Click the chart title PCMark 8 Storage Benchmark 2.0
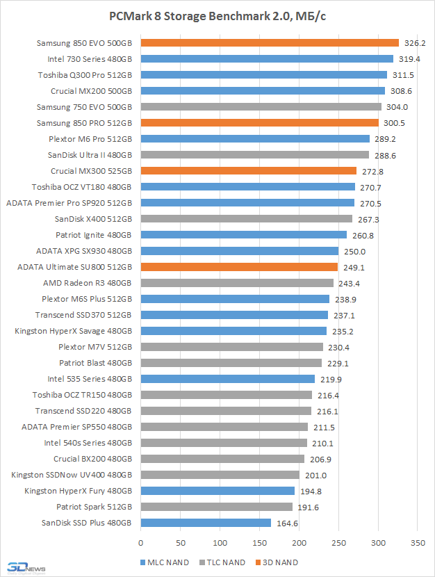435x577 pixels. point(217,15)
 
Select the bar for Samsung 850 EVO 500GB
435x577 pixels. point(270,43)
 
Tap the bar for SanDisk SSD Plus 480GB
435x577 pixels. point(206,523)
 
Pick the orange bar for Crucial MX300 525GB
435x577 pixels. point(249,171)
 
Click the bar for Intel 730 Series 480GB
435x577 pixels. point(267,59)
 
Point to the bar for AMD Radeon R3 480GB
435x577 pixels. point(237,283)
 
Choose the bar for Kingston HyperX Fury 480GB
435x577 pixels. point(217,491)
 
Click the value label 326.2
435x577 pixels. point(415,43)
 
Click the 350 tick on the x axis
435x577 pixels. point(418,542)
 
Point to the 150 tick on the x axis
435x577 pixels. point(259,542)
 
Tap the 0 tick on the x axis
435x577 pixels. point(141,542)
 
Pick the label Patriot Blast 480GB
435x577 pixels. point(95,363)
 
